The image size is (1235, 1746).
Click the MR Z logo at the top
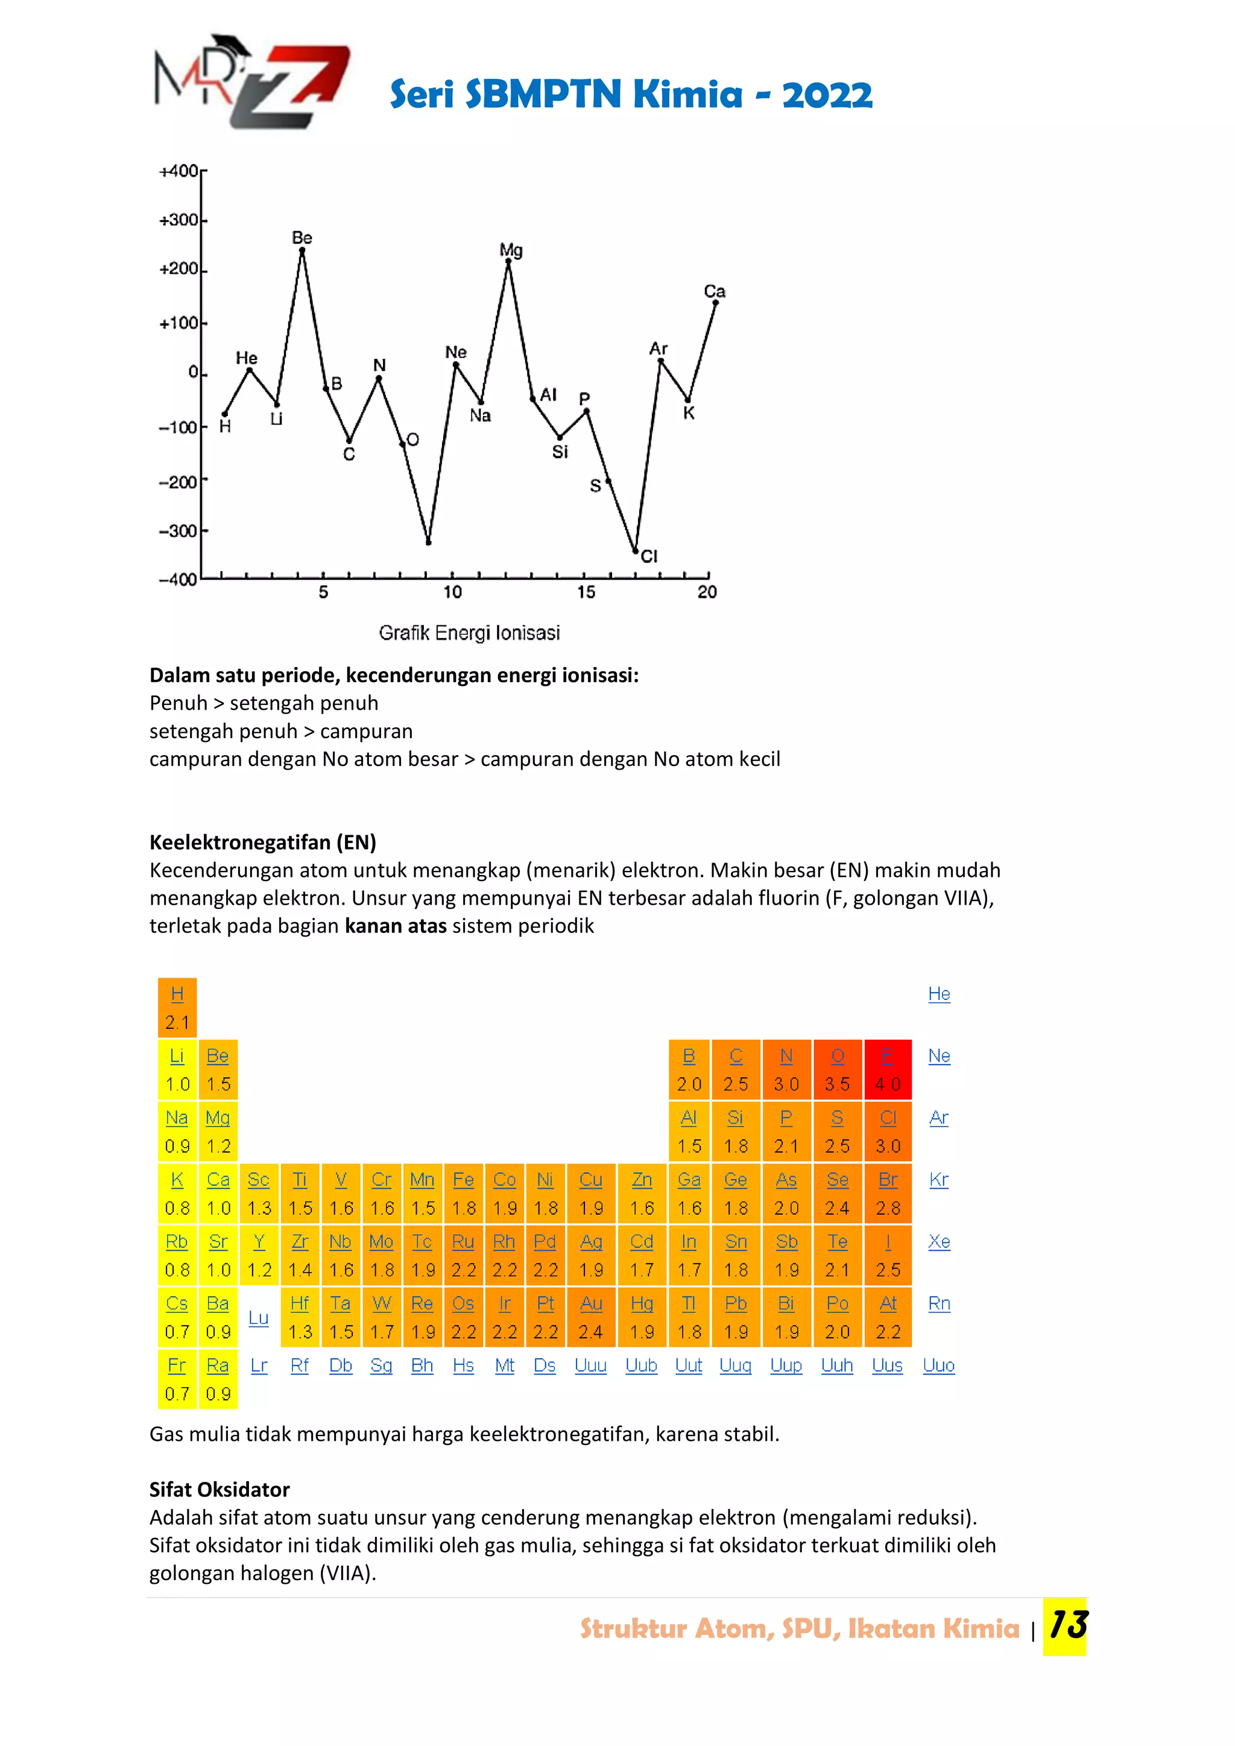250,82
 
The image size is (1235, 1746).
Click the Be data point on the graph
302,250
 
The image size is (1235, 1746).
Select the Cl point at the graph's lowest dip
636,551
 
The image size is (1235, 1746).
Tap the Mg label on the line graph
511,250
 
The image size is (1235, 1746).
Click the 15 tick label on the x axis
586,592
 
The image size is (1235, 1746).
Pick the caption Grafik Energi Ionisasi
469,633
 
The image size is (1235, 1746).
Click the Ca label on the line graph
714,291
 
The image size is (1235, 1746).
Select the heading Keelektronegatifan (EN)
262,842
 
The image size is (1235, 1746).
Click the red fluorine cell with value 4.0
888,1069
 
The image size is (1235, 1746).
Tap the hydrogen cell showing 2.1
177,1008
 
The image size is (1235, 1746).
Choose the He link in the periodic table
939,994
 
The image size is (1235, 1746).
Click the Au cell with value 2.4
591,1317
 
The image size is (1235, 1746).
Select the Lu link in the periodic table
259,1318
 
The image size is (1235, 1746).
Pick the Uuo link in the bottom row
938,1365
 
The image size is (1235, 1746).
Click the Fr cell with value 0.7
177,1379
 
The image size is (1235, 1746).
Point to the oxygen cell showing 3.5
837,1069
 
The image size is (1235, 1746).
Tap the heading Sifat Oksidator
219,1489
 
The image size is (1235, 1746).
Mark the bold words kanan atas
396,926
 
